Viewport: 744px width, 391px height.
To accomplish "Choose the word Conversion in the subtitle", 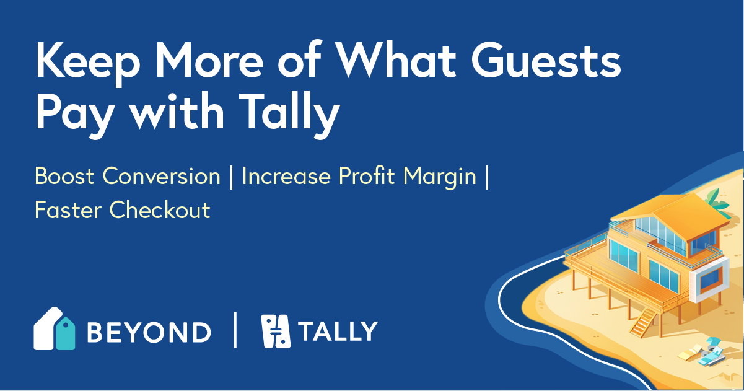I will coord(162,177).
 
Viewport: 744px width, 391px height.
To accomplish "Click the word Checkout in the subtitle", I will coord(160,210).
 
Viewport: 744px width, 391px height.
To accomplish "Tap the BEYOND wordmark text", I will coord(149,332).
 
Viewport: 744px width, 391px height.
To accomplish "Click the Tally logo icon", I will coord(276,330).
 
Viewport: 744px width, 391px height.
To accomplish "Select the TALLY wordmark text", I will coord(338,332).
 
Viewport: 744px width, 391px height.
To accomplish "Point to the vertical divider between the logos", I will coord(235,330).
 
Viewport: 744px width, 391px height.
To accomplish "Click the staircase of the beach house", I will coord(645,322).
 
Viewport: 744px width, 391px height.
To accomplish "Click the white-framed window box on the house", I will coord(707,277).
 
